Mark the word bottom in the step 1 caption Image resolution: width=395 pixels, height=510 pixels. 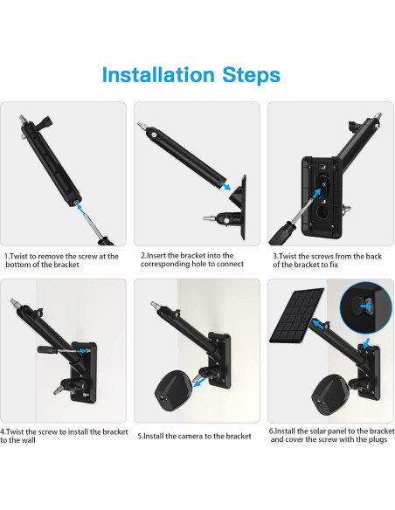tap(21, 265)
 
